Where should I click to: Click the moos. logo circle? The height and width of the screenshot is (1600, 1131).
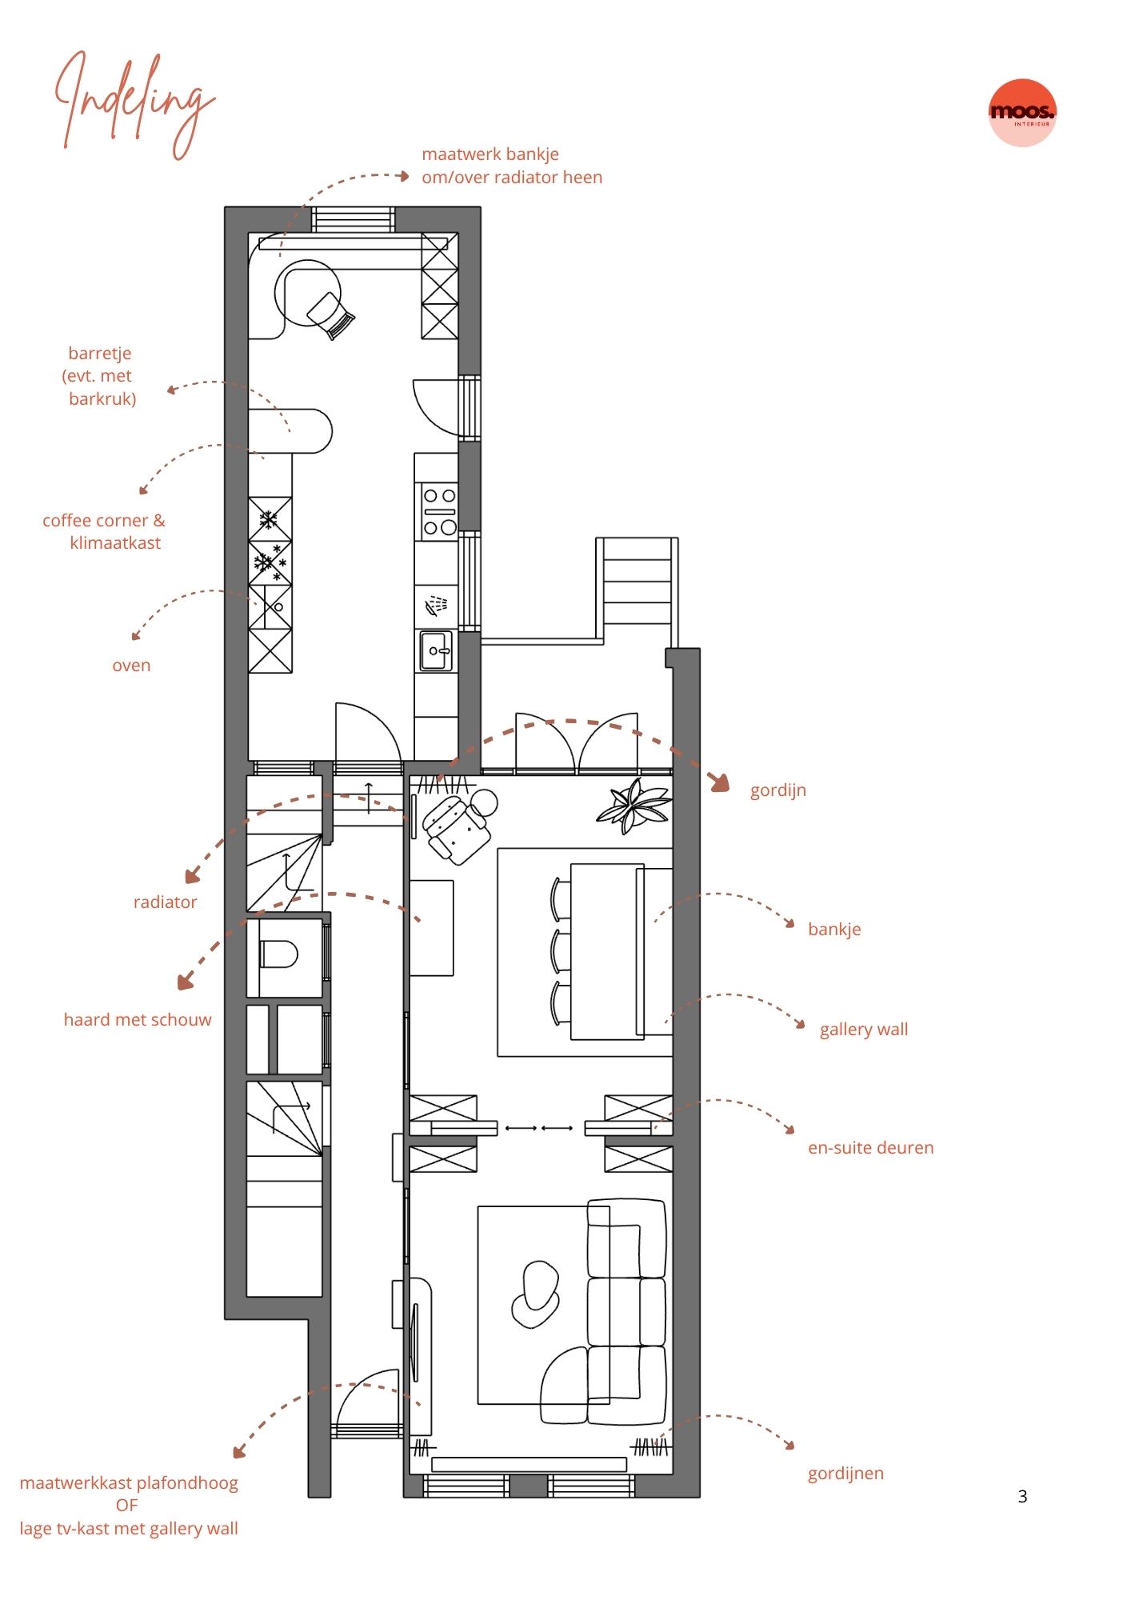pyautogui.click(x=1022, y=113)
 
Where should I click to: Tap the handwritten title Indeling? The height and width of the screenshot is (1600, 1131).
pyautogui.click(x=134, y=104)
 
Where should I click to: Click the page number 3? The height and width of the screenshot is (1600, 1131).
pyautogui.click(x=1022, y=1496)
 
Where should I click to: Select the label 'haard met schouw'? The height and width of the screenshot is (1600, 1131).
pyautogui.click(x=138, y=1019)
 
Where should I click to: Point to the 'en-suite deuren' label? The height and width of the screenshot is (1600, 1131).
pyautogui.click(x=870, y=1147)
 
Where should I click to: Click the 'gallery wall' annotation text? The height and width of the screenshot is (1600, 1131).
pyautogui.click(x=864, y=1029)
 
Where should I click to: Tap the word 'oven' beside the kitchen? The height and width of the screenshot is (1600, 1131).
pyautogui.click(x=131, y=665)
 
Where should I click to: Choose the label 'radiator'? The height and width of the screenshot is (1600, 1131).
pyautogui.click(x=165, y=902)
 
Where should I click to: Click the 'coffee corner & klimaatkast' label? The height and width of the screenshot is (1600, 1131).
pyautogui.click(x=104, y=531)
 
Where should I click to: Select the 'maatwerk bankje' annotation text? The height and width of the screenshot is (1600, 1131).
pyautogui.click(x=490, y=154)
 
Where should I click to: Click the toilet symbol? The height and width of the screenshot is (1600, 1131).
pyautogui.click(x=278, y=954)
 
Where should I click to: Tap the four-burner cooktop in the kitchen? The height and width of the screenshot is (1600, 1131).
pyautogui.click(x=439, y=511)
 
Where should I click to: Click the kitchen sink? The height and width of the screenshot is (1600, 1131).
pyautogui.click(x=436, y=650)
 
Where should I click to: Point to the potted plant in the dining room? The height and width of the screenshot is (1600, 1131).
pyautogui.click(x=633, y=805)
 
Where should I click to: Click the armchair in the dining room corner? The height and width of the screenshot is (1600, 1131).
pyautogui.click(x=457, y=826)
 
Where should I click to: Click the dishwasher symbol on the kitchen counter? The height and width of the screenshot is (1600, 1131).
pyautogui.click(x=436, y=604)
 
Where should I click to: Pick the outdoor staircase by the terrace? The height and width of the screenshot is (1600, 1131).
pyautogui.click(x=637, y=581)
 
